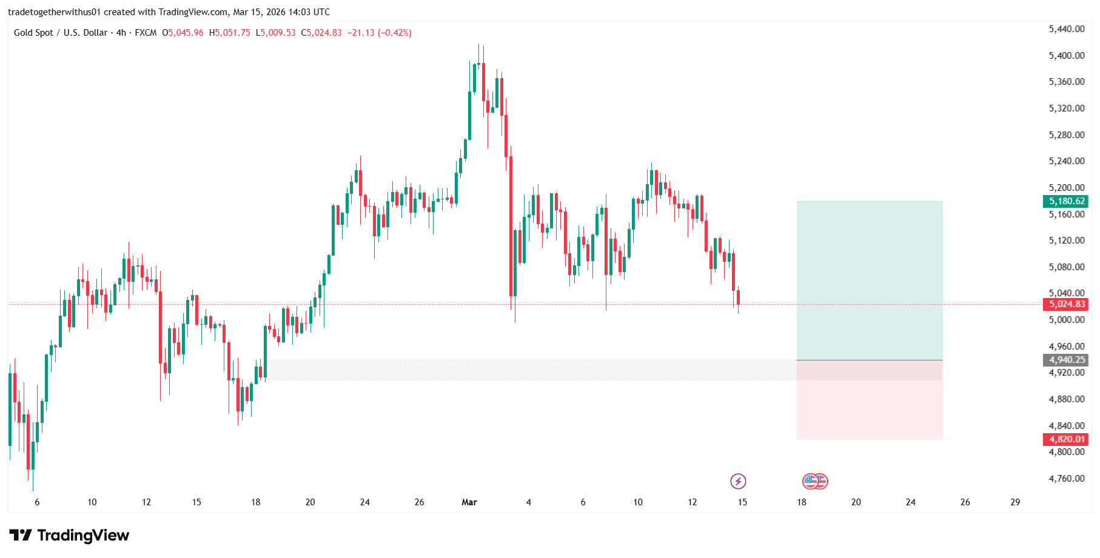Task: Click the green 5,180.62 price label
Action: pos(1067,201)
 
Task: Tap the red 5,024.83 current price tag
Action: pos(1067,304)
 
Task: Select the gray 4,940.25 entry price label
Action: pos(1067,360)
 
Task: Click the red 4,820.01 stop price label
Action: pos(1067,439)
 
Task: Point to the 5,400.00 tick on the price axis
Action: pos(1067,56)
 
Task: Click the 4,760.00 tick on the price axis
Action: pos(1067,479)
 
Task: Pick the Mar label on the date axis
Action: pos(469,502)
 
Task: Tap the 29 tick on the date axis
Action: pos(1015,502)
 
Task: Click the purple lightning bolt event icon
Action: pos(738,482)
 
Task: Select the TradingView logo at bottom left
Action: pos(70,536)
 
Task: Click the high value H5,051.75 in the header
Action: pos(230,33)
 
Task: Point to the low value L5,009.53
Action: pos(276,33)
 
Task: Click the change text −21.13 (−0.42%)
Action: pos(380,33)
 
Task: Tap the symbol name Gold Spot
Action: pos(33,33)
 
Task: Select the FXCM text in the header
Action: pos(146,33)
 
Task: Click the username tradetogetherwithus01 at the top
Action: pos(54,12)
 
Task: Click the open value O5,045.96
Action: pos(183,33)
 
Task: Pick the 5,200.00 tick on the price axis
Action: pos(1067,188)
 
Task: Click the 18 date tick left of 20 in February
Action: pos(256,502)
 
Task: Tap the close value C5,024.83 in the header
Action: pos(321,33)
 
